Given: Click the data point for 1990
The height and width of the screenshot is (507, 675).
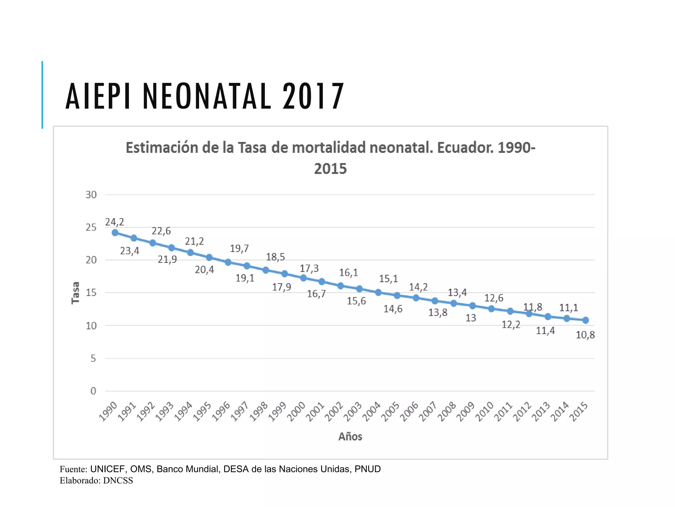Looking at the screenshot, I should click(x=115, y=233).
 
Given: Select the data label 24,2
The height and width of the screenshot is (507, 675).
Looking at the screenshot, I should click(x=114, y=222).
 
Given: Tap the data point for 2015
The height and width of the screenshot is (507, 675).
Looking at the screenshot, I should click(x=586, y=320).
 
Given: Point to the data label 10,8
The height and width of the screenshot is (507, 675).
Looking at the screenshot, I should click(x=585, y=335).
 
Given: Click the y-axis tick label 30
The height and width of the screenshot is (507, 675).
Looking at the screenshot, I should click(x=91, y=195).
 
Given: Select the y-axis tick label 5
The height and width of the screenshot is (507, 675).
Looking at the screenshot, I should click(x=93, y=358).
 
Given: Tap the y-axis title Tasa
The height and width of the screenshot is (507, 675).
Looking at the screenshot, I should click(x=76, y=292).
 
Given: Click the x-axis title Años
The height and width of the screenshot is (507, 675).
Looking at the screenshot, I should click(x=350, y=437).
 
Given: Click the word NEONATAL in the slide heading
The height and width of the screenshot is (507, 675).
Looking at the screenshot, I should click(x=207, y=96).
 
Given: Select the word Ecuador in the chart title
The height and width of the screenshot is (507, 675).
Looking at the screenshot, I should click(x=465, y=148).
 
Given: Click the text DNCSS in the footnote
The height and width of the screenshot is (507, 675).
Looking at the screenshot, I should click(x=118, y=481).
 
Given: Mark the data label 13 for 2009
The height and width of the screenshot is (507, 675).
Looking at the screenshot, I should click(x=471, y=318).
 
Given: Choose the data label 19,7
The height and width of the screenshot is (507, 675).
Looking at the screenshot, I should click(x=239, y=249).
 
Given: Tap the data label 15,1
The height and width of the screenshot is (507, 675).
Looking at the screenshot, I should click(x=388, y=279).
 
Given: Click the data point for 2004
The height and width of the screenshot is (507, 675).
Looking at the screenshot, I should click(x=378, y=292).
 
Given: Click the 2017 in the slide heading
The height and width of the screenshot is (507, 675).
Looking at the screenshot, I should click(x=313, y=96).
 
